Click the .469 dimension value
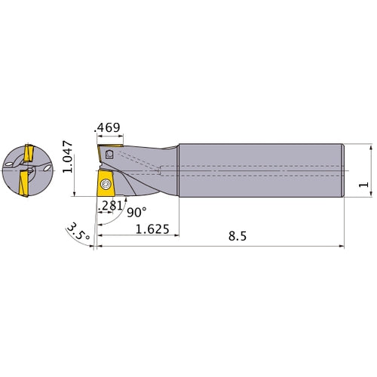click(106, 128)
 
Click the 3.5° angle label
click(77, 231)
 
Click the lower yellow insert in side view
click(105, 186)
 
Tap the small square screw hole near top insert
click(110, 154)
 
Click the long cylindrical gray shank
click(260, 170)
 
